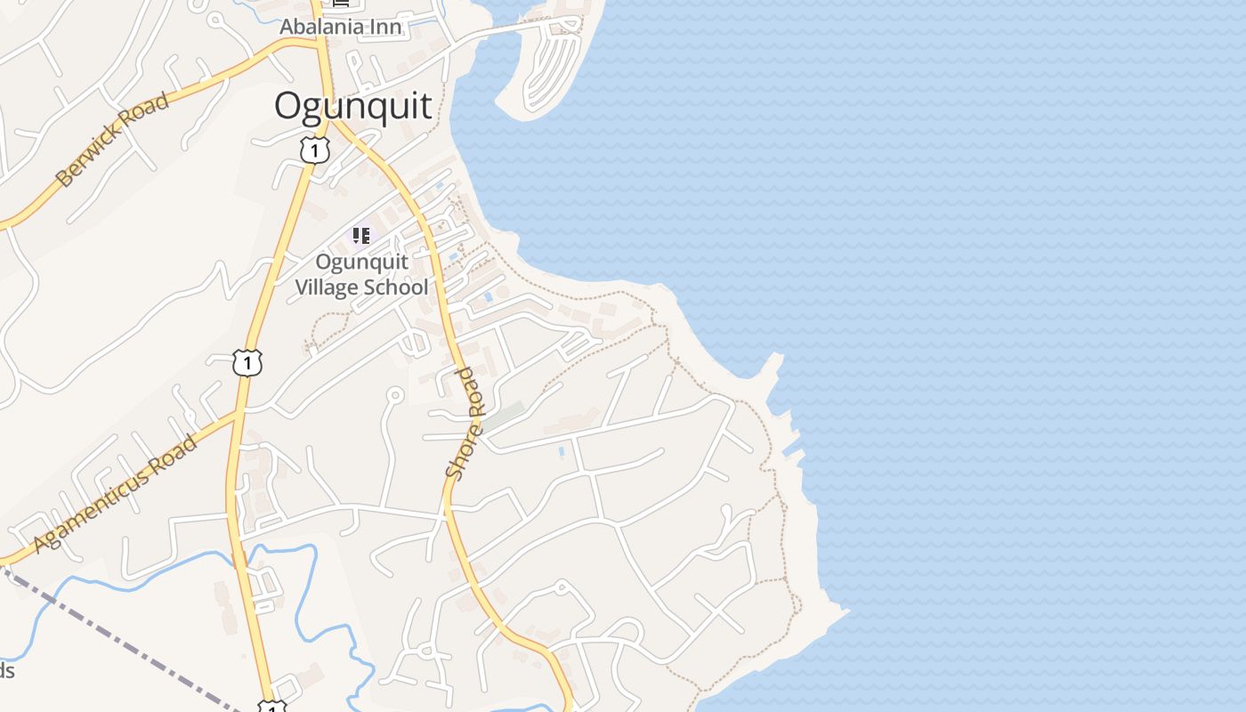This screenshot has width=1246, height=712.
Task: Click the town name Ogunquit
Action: (x=353, y=106)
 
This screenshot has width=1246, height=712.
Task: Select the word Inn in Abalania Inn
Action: (x=384, y=27)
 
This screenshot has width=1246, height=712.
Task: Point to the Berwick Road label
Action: (x=112, y=139)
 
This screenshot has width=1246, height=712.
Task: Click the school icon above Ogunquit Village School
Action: (x=360, y=236)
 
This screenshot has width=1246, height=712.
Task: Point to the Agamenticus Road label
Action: (x=116, y=492)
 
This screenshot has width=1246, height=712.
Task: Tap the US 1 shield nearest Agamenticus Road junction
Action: (x=248, y=362)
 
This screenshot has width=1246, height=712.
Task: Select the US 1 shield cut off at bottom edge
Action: (x=271, y=707)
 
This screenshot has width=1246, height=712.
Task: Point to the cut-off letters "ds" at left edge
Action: (x=6, y=670)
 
